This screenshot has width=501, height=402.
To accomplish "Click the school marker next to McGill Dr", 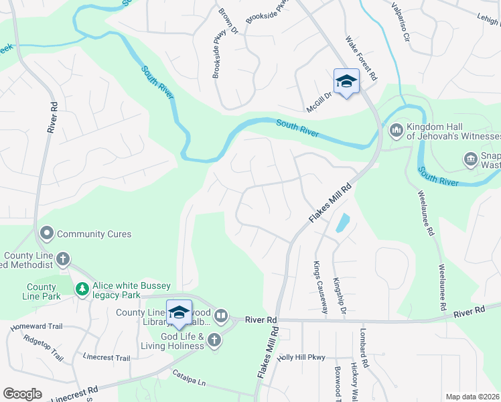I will [x=346, y=82].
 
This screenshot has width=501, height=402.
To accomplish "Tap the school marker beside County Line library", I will [x=179, y=312].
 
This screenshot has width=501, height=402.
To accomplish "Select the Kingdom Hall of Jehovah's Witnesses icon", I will [x=395, y=129].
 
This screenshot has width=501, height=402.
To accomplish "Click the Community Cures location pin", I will [x=47, y=234].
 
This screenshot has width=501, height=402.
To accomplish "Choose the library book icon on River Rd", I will [x=221, y=315].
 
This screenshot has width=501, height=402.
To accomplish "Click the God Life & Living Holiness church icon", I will [x=214, y=340].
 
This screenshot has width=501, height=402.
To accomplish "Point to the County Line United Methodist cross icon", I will [x=63, y=259].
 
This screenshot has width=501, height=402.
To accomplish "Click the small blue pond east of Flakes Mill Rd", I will [x=342, y=223].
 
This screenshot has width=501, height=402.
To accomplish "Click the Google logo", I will [x=22, y=394].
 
